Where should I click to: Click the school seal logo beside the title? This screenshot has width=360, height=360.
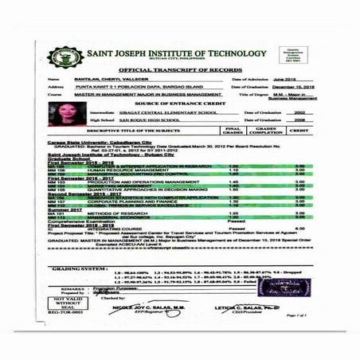click(63, 57)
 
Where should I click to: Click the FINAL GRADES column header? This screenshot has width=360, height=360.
click(233, 130)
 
